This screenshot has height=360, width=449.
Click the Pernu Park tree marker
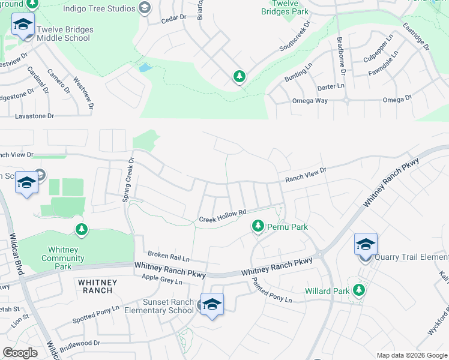(258, 226)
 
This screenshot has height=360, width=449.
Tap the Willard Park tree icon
(359, 290)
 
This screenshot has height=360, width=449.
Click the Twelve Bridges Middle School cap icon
(23, 25)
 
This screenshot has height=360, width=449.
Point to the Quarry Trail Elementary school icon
(365, 244)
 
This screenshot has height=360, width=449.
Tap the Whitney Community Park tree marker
(81, 229)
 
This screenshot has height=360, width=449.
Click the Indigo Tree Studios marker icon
(144, 8)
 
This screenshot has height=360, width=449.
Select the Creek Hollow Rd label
(223, 216)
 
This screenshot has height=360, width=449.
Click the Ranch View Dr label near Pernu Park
(306, 175)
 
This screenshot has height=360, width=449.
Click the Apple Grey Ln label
(161, 279)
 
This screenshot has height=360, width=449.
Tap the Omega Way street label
(310, 101)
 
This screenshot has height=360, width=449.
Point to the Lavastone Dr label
(35, 116)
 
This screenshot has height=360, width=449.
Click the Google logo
(20, 353)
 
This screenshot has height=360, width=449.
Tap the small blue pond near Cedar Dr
(145, 67)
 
